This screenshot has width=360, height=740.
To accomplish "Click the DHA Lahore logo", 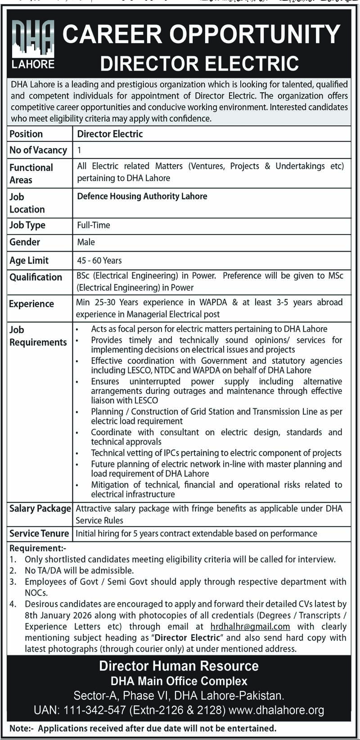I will pos(33,45).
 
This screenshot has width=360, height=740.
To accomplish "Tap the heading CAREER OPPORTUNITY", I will pos(201,34).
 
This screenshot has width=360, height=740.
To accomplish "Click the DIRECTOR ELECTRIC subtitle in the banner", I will pos(199,63).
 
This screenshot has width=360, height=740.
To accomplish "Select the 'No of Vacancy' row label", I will pos(38,150).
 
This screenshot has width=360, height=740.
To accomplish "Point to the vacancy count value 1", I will pos(80,150).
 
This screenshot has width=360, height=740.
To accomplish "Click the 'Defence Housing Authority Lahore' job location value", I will pos(142,196).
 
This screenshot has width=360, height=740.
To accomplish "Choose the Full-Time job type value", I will pos(94,225).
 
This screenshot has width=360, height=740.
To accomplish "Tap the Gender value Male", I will pos(86,242).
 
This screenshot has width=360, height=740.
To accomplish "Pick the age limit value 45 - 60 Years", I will pos(99,260).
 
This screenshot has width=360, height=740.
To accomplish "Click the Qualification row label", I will pos(36,277).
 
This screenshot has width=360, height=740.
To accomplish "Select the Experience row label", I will pos(31,304).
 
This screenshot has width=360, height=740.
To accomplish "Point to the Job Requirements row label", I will pos(38,336).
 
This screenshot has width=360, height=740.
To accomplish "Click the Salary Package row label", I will pos(40,509).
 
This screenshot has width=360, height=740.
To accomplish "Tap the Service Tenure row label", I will pos(39,533).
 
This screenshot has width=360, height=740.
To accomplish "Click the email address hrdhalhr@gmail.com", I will pos(250,627).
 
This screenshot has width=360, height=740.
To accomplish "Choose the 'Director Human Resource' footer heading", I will pos(179,666).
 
